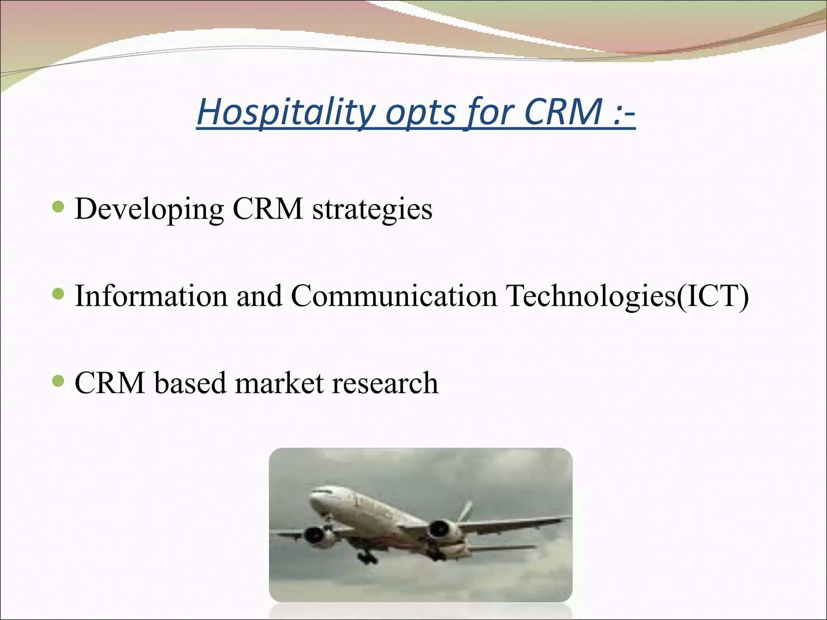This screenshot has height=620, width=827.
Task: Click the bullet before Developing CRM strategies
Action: point(59,207)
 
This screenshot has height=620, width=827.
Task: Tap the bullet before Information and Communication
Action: point(59,294)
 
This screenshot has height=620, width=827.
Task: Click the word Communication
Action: point(394,296)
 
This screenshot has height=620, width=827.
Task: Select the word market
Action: point(279,383)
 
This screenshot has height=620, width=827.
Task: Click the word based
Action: point(190,383)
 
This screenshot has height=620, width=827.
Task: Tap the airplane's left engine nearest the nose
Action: point(315,535)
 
